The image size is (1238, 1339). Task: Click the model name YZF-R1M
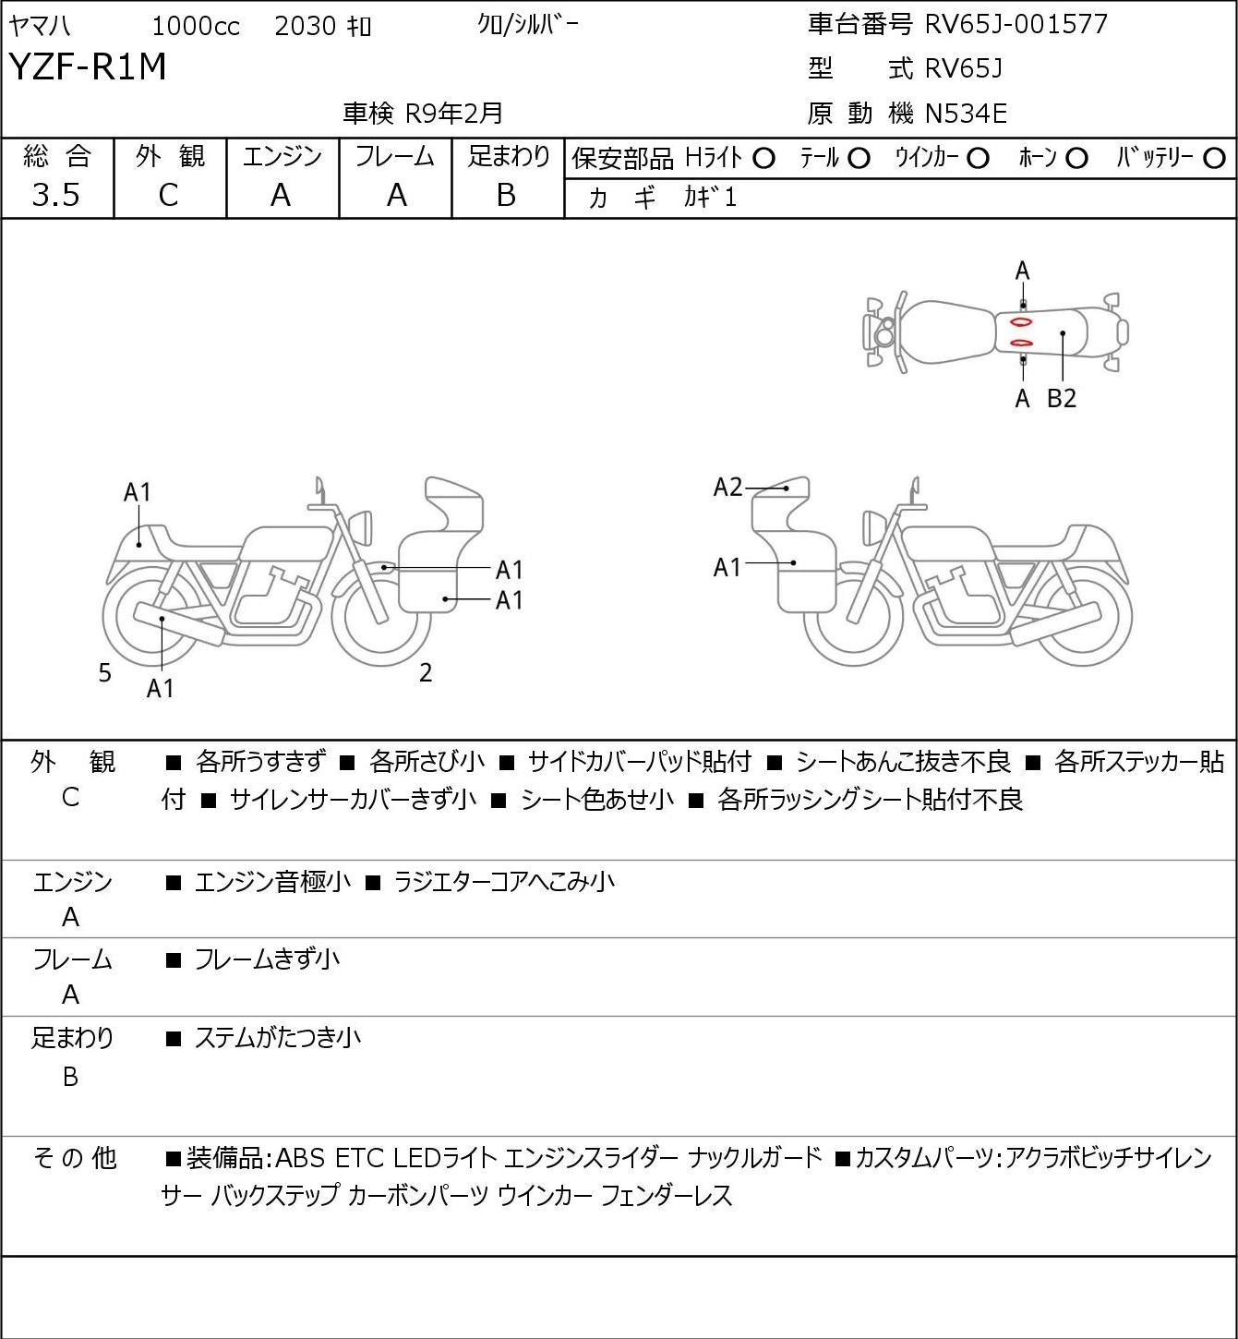pos(88,67)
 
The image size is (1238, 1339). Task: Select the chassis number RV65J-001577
pos(1016,24)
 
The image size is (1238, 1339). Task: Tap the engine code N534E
pos(966,114)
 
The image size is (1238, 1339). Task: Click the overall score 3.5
pos(56,195)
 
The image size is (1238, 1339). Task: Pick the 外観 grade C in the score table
pos(169,195)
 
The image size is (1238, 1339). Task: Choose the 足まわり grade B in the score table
pos(506,195)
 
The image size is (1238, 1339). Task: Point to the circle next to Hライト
pos(763,159)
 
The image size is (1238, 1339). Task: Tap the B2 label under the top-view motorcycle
pos(1062,399)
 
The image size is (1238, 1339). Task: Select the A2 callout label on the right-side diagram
pos(727,487)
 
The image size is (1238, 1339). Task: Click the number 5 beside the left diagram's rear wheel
pos(105,673)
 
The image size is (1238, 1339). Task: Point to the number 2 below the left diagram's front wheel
pos(426,673)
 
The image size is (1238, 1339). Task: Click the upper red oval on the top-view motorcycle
pos(1021,322)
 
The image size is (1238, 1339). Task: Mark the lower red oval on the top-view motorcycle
pos(1021,344)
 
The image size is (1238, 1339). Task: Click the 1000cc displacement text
pos(196,26)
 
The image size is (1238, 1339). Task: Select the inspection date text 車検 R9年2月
pos(423,114)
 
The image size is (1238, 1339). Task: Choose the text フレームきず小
pos(267,960)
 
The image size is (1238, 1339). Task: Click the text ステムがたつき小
pos(277,1038)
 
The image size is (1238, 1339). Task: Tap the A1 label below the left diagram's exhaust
pos(161,688)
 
